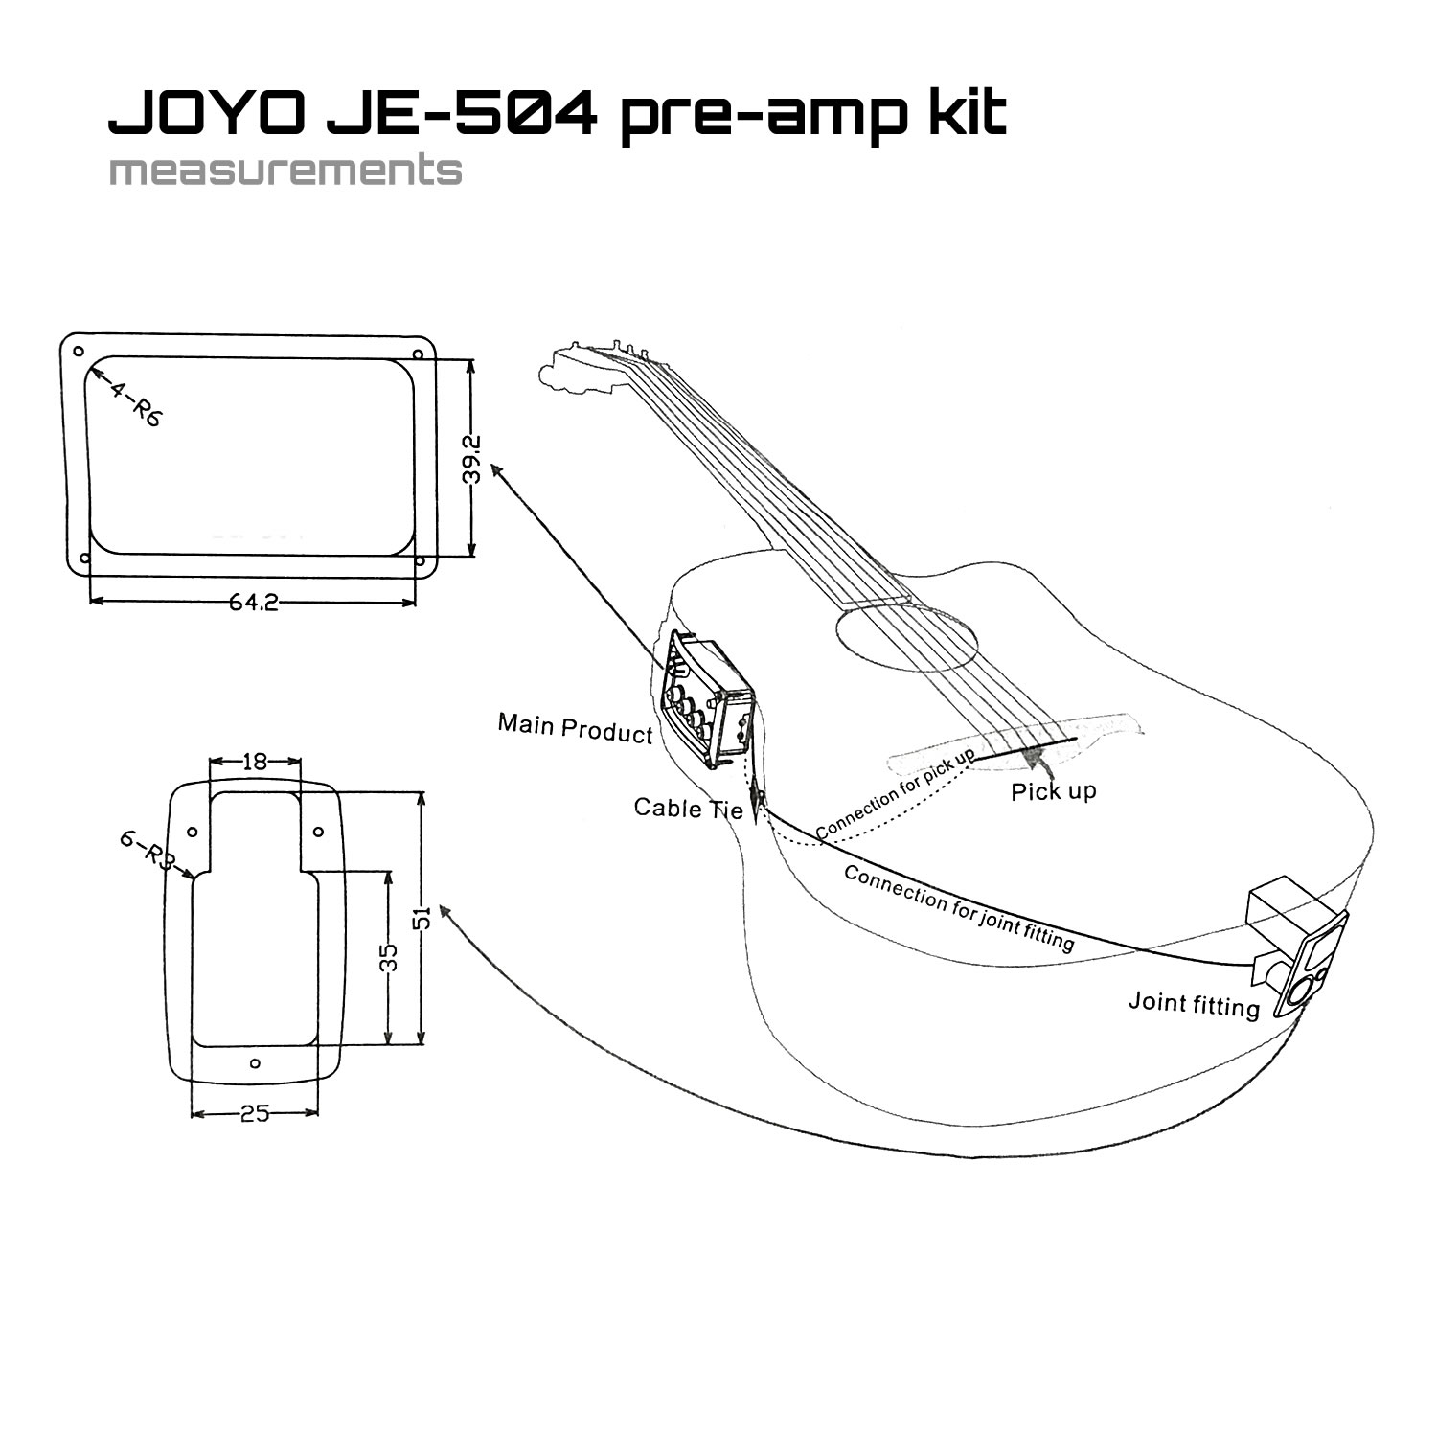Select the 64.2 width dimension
(x=254, y=603)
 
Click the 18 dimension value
(x=255, y=763)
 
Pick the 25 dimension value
(x=255, y=1114)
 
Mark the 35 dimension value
(x=388, y=957)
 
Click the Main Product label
(x=575, y=728)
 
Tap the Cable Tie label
(x=689, y=809)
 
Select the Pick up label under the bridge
(x=1054, y=791)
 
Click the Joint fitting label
(x=1194, y=1004)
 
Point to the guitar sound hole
(x=906, y=638)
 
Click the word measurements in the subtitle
(x=285, y=171)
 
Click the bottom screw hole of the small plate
(x=255, y=1063)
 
